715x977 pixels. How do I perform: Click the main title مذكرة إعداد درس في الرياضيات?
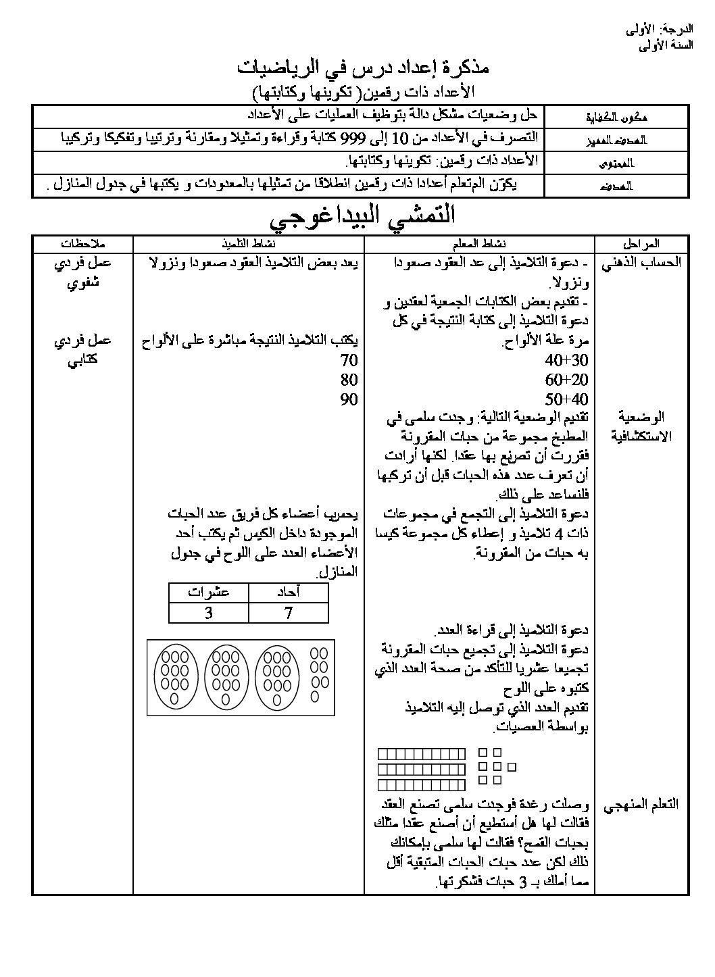point(362,68)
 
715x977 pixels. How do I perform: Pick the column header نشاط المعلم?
point(479,243)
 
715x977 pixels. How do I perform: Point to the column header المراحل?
point(643,243)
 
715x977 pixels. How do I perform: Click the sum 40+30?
point(566,359)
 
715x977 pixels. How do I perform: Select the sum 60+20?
point(566,379)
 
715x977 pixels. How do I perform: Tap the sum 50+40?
point(566,399)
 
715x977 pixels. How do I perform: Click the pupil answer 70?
point(349,359)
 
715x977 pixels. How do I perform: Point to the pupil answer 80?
point(349,379)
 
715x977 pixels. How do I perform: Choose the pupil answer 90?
point(349,399)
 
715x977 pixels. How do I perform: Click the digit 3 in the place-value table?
point(209,613)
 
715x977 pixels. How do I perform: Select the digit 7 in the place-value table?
point(289,613)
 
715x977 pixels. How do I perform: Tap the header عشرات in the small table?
point(209,593)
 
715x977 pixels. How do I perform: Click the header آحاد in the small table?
point(289,593)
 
